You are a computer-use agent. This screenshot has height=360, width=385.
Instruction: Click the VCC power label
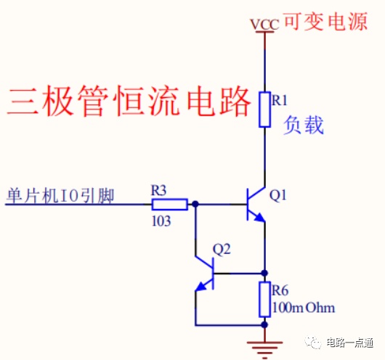[264, 24]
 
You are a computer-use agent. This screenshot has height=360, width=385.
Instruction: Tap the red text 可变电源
[326, 22]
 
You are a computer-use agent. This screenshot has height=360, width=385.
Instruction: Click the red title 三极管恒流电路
[129, 101]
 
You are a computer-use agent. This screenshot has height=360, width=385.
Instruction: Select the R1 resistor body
[264, 110]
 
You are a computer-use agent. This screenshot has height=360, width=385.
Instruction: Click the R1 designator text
[279, 100]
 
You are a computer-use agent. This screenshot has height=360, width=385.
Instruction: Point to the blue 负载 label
[304, 125]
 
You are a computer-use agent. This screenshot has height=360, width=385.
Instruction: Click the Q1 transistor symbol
[256, 204]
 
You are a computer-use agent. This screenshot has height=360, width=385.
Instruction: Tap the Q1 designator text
[278, 195]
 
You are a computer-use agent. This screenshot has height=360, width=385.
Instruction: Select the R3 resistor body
[170, 204]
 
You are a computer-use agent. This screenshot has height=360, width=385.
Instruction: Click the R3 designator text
[158, 190]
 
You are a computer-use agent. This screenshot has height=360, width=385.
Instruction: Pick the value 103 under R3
[161, 221]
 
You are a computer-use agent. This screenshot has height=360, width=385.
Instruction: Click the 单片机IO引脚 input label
[60, 195]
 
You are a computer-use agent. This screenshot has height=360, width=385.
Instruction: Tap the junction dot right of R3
[195, 204]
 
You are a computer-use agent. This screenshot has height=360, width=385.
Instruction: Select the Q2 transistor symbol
[205, 273]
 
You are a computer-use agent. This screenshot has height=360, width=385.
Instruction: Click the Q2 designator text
[222, 250]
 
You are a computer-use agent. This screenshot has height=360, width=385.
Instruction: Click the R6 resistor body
[264, 299]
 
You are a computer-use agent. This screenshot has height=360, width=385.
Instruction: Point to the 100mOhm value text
[304, 308]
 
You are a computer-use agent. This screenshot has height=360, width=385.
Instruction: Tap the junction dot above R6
[264, 273]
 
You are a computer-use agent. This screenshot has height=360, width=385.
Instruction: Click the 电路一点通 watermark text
[349, 343]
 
